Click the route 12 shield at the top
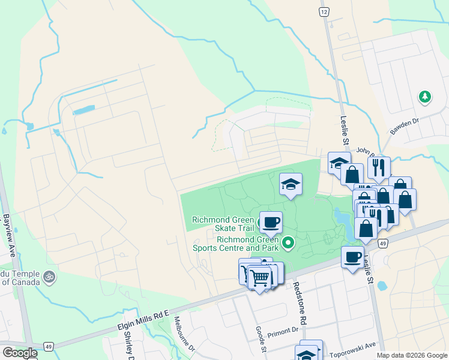pos(324,11)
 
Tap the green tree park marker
pos(425,97)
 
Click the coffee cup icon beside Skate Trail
pos(270,223)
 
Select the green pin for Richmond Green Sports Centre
pos(288,243)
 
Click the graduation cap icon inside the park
pos(291,184)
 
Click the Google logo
pos(20,352)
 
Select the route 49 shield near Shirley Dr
pos(49,346)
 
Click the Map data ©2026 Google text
pos(412,355)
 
